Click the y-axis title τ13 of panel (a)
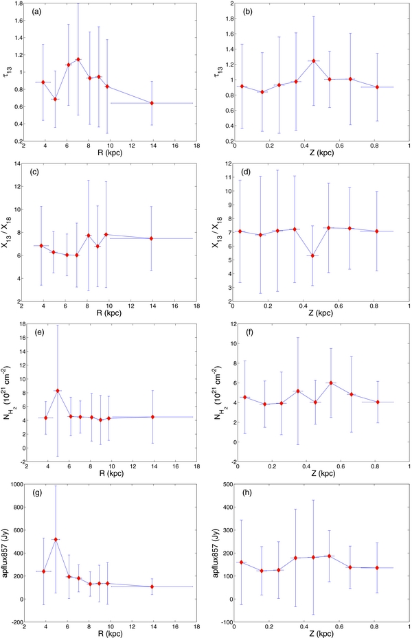pos(8,72)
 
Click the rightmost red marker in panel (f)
pos(378,402)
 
